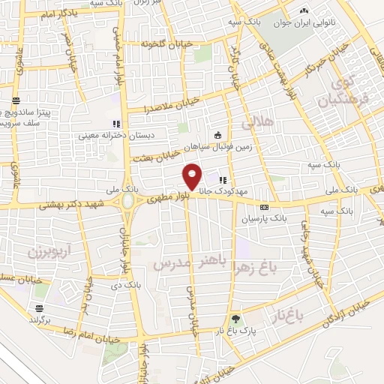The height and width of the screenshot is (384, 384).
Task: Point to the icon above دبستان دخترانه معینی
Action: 115,124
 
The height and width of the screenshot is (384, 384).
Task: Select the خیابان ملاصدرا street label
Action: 172,104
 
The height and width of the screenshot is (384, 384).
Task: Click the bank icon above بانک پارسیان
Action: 264,206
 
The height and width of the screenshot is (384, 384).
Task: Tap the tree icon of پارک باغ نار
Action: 237,318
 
